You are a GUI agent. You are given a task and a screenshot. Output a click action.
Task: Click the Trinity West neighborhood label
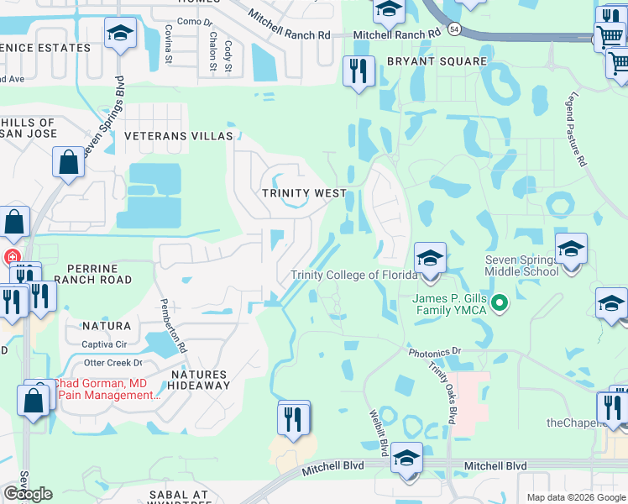coord(304,193)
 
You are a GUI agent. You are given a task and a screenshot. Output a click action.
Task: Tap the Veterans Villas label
coord(178,135)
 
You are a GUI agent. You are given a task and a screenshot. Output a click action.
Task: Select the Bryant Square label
coord(437,61)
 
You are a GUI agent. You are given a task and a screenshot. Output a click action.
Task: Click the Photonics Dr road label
coord(435,352)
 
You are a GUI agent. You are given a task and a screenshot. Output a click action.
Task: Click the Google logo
coord(28,494)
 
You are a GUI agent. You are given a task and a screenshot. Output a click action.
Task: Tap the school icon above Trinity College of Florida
coord(429,257)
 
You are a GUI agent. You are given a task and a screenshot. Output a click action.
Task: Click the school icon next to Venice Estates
coord(120,34)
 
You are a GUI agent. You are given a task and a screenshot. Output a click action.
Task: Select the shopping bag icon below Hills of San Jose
coord(67,162)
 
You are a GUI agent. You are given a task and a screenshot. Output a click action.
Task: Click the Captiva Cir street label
coord(104,344)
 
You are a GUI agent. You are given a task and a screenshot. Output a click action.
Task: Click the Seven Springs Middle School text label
coord(521,265)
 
